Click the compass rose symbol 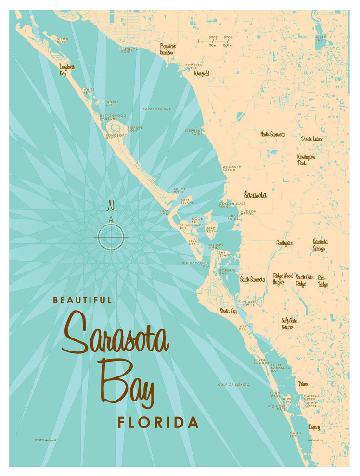pyautogui.click(x=111, y=236)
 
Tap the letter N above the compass pyautogui.click(x=110, y=207)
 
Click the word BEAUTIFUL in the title pyautogui.click(x=82, y=300)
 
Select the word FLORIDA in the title pyautogui.click(x=158, y=423)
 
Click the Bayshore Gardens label pyautogui.click(x=167, y=49)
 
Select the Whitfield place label pyautogui.click(x=202, y=74)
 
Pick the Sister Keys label pyautogui.click(x=63, y=41)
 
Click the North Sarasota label pyautogui.click(x=272, y=134)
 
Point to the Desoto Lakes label pyautogui.click(x=311, y=139)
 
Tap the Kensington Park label pyautogui.click(x=306, y=160)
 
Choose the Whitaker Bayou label pyautogui.click(x=231, y=168)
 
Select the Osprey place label pyautogui.click(x=314, y=426)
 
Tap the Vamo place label pyautogui.click(x=303, y=383)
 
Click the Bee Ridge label pyautogui.click(x=322, y=281)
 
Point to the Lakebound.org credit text pyautogui.click(x=314, y=440)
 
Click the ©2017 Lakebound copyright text pyautogui.click(x=46, y=440)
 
